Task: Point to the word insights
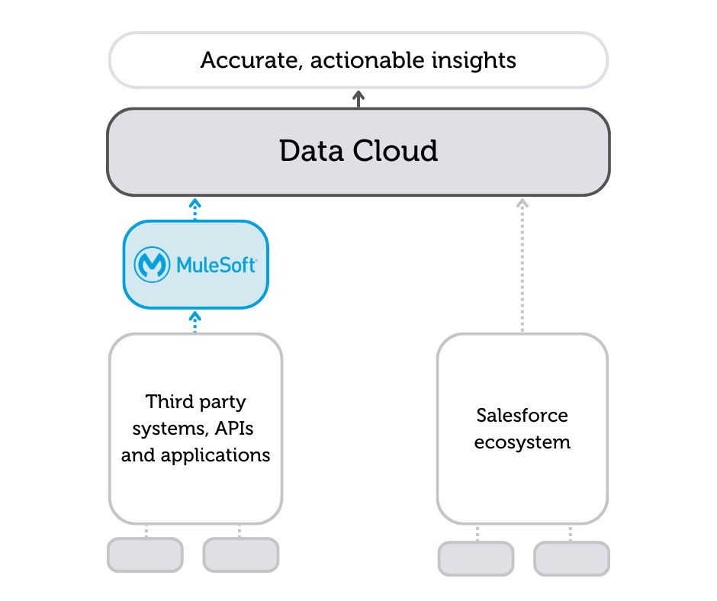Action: [x=478, y=60]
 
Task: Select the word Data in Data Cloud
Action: [x=309, y=151]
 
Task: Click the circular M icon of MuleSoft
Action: [x=152, y=265]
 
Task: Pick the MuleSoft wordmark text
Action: [x=216, y=265]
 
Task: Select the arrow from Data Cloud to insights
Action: [x=358, y=98]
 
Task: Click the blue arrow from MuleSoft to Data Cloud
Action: [x=195, y=207]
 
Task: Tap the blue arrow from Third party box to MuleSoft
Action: [x=195, y=320]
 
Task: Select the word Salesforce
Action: [x=522, y=415]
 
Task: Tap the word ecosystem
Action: [x=522, y=442]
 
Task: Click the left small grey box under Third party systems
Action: [x=145, y=554]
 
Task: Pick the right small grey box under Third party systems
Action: [x=241, y=554]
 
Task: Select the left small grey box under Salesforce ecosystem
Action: [x=476, y=558]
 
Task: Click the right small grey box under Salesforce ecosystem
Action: [x=572, y=558]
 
